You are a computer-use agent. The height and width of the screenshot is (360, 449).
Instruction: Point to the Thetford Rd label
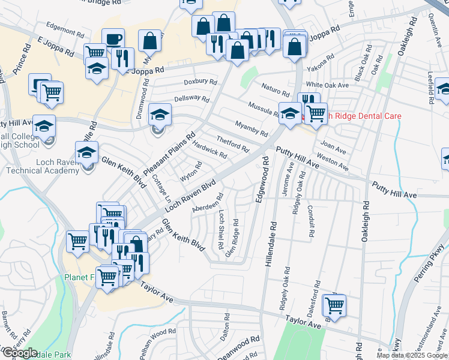point(232,143)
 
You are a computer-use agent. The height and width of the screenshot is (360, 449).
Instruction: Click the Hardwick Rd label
point(210,150)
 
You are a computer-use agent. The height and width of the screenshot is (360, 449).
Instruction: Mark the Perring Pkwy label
point(431,259)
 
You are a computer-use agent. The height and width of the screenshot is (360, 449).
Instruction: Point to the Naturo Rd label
point(276,90)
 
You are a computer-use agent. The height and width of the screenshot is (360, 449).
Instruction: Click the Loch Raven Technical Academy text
point(43,166)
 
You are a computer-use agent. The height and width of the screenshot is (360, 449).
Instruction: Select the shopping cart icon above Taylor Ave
point(334,305)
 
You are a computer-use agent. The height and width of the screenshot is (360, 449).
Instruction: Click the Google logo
point(20,353)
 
